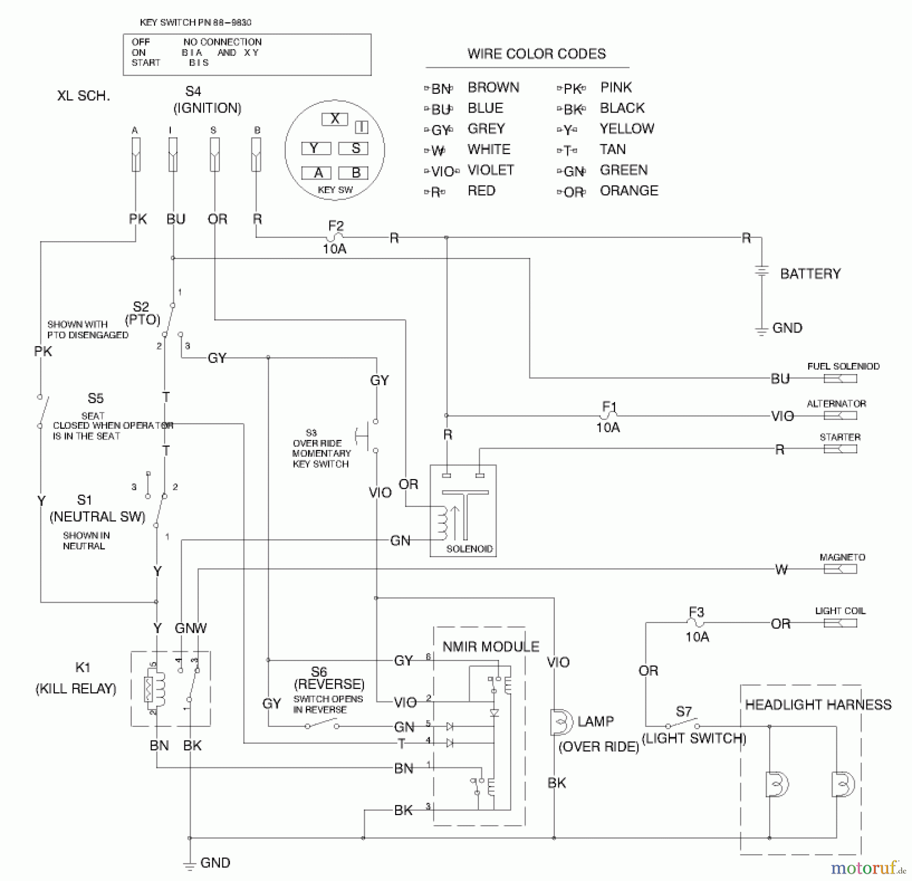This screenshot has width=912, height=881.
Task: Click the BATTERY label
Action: pyautogui.click(x=810, y=274)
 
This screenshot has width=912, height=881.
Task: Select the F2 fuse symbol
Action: pyautogui.click(x=335, y=237)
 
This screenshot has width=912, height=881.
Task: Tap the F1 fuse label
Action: pyautogui.click(x=609, y=406)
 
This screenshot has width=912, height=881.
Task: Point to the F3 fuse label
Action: pyautogui.click(x=697, y=612)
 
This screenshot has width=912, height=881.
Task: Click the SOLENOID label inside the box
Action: pyautogui.click(x=469, y=548)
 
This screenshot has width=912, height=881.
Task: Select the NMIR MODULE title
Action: pyautogui.click(x=490, y=646)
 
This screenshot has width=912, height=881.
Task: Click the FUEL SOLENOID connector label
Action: pyautogui.click(x=843, y=366)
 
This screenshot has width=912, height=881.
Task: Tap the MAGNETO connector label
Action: pyautogui.click(x=842, y=557)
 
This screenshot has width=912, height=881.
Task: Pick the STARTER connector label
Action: pyautogui.click(x=840, y=437)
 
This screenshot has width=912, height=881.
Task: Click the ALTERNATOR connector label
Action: pyautogui.click(x=836, y=403)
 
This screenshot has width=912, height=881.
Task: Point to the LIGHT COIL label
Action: pyautogui.click(x=840, y=611)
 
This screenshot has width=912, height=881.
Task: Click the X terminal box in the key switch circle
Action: pyautogui.click(x=334, y=119)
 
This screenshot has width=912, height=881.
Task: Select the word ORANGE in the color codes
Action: pyautogui.click(x=629, y=191)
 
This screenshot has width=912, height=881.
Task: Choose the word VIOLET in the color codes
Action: pyautogui.click(x=490, y=170)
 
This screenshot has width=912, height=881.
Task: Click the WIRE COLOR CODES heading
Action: pyautogui.click(x=536, y=54)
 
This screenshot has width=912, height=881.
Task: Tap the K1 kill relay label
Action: pyautogui.click(x=83, y=668)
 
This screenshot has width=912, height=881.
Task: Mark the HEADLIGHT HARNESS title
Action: pyautogui.click(x=818, y=705)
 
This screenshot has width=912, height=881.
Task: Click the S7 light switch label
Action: pyautogui.click(x=683, y=711)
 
